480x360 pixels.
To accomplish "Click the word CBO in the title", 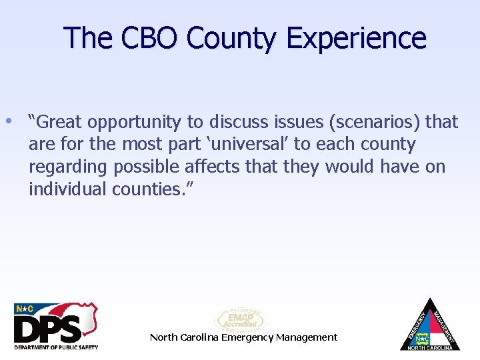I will click(x=149, y=38).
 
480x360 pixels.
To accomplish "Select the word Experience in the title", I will click(x=356, y=38).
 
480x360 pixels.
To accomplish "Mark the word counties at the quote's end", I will click(x=151, y=189).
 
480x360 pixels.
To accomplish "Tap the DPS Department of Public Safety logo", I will click(x=56, y=327).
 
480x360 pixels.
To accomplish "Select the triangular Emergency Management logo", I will click(x=429, y=325).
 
